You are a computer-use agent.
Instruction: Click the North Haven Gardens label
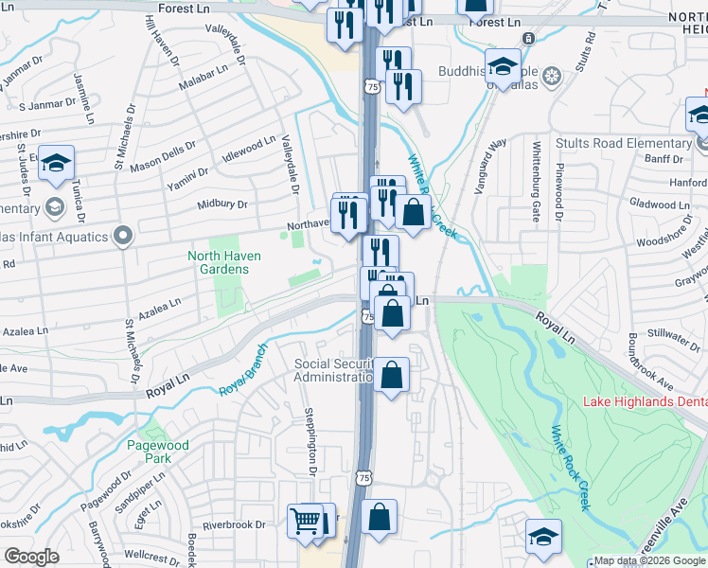(x=218, y=262)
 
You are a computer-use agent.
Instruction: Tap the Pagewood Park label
(x=158, y=452)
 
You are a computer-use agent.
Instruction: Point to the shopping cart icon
(x=306, y=520)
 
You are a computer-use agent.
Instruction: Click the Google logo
(x=31, y=557)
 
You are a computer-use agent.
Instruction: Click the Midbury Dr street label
(x=221, y=204)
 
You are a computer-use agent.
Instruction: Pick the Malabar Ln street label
(x=204, y=75)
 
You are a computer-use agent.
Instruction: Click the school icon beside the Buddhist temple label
(x=503, y=66)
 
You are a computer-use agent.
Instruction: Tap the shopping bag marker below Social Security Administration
(x=391, y=377)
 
